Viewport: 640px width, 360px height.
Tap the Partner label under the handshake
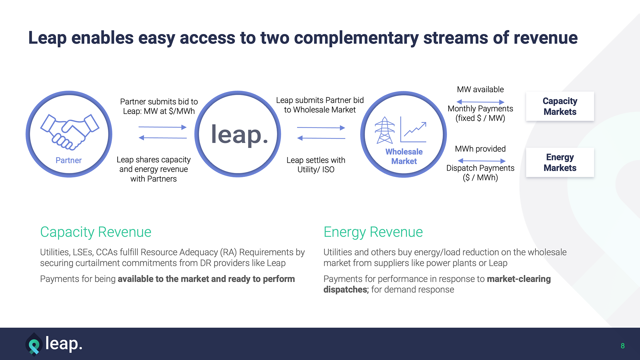click(69, 160)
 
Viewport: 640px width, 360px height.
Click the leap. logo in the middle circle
click(239, 134)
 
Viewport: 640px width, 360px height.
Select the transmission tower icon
click(385, 130)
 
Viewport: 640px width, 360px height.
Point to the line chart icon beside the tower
click(413, 130)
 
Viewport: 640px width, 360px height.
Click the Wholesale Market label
click(404, 156)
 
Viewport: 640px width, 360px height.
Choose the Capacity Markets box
click(560, 106)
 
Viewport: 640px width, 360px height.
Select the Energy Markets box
click(560, 162)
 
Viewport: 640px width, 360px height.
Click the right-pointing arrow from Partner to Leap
click(162, 127)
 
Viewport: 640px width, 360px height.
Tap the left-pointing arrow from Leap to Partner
click(162, 138)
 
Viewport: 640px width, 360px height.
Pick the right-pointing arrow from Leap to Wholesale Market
click(321, 128)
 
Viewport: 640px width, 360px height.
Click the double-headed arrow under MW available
click(480, 102)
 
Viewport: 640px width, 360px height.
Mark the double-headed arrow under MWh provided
click(482, 161)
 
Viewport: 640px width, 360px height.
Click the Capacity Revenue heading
click(96, 232)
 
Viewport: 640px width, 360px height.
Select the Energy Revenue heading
click(373, 232)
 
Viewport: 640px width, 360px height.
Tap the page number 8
click(622, 346)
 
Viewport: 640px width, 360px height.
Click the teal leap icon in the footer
click(34, 345)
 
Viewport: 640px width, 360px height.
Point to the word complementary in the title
click(356, 38)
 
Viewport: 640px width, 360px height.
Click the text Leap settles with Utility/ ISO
click(316, 165)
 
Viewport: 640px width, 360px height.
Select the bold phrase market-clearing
click(519, 279)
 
